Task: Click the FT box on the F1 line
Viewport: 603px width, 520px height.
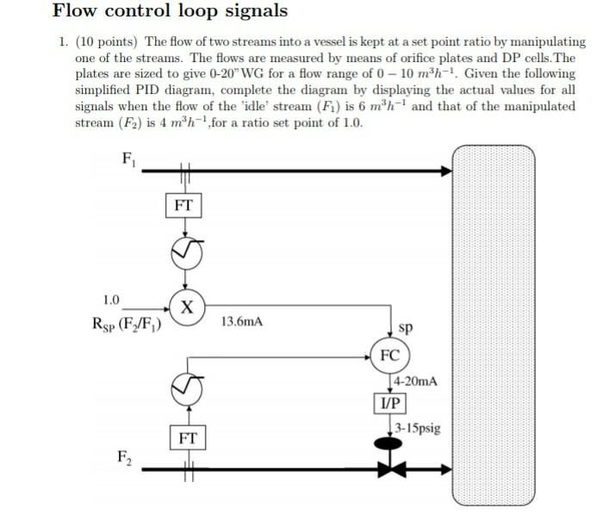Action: click(183, 206)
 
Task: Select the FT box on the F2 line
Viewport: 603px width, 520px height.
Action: click(188, 438)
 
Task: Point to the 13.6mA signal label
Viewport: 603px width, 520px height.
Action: click(242, 322)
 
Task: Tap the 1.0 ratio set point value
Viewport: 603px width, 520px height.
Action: click(110, 300)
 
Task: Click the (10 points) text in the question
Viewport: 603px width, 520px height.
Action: click(106, 41)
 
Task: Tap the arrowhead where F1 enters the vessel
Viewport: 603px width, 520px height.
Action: click(446, 171)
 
